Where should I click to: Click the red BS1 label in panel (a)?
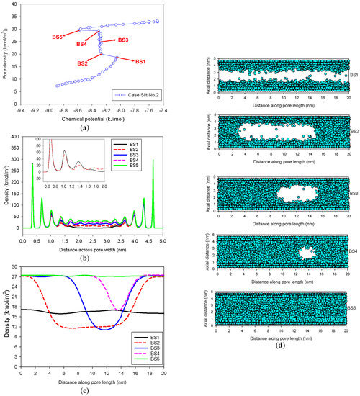(x=144, y=62)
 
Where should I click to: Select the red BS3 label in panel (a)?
(x=123, y=40)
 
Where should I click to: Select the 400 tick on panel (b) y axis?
(x=15, y=137)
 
